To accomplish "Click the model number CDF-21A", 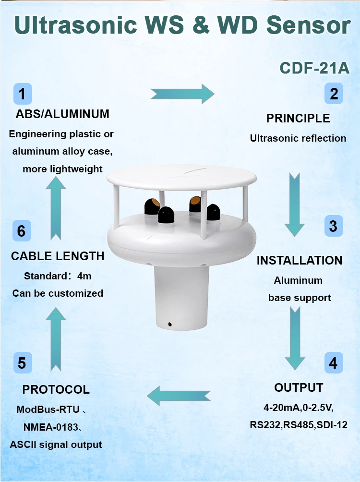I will point(314,68).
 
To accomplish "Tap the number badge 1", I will point(22,94).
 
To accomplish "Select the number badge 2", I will point(334,93).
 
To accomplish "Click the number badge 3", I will point(333,225).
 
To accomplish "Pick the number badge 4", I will point(333,363).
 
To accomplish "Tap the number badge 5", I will point(22,363).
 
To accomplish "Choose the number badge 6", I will point(22,231).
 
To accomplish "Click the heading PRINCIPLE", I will point(298,118).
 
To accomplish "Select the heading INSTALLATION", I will point(300,260).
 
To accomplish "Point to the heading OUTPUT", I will point(299,387).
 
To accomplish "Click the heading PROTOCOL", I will point(56,389).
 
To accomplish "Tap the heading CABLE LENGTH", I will point(58,256).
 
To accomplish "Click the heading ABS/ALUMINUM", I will point(62,114).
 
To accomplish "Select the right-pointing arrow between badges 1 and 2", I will point(182,94).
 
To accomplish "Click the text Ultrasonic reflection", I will point(298,138).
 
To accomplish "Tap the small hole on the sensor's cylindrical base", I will point(169,324).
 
